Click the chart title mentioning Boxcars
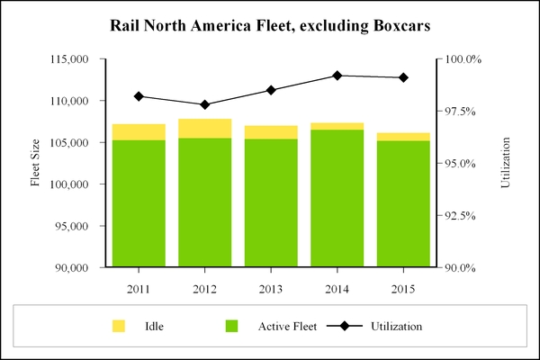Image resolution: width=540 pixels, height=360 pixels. tap(270, 25)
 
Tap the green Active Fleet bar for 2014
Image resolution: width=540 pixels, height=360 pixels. tap(337, 198)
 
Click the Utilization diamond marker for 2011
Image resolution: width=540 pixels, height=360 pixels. tap(139, 96)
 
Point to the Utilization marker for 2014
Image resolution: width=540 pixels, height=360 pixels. tap(337, 76)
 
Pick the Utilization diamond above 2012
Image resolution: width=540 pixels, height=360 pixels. tap(204, 104)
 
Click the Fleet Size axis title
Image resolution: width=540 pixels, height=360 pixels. tap(36, 163)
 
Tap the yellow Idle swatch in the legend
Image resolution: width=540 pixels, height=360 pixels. tap(119, 326)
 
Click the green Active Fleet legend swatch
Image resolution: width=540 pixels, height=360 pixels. tap(231, 326)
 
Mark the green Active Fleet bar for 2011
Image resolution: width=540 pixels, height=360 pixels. tap(139, 203)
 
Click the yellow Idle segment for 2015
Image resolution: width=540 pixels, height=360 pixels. tap(403, 137)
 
